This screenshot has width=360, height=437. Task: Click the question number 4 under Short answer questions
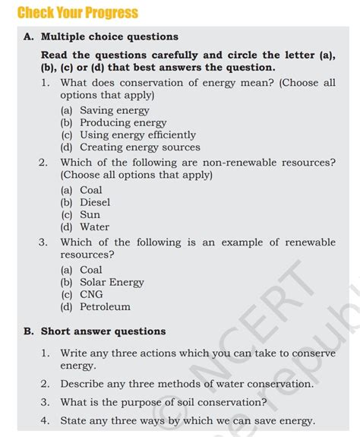[46, 420]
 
